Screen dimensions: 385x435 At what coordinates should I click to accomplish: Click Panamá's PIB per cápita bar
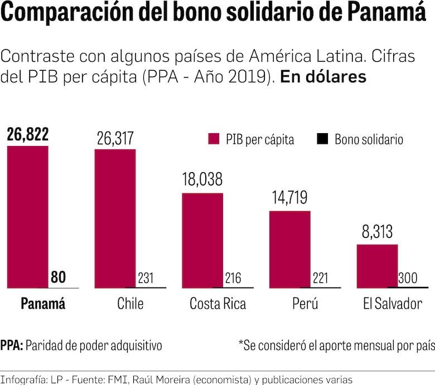tap(27, 217)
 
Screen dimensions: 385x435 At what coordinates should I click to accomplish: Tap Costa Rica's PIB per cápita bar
tap(203, 240)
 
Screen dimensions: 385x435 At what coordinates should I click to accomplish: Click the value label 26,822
tap(27, 134)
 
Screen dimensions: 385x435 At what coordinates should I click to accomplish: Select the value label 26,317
tap(115, 138)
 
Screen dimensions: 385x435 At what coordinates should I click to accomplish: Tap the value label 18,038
tap(202, 180)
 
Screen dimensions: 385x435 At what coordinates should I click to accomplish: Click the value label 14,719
tap(290, 198)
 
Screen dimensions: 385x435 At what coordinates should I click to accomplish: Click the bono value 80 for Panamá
tap(58, 277)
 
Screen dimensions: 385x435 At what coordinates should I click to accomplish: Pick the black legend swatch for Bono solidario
tap(322, 139)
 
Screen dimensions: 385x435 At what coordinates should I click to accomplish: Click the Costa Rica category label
tap(217, 304)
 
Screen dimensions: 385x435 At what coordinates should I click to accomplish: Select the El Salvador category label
tap(392, 304)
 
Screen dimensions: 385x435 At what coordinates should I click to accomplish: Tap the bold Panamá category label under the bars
tap(43, 304)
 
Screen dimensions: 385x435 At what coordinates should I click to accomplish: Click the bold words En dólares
tap(323, 77)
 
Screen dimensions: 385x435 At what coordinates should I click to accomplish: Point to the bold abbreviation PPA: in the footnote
tap(12, 345)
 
